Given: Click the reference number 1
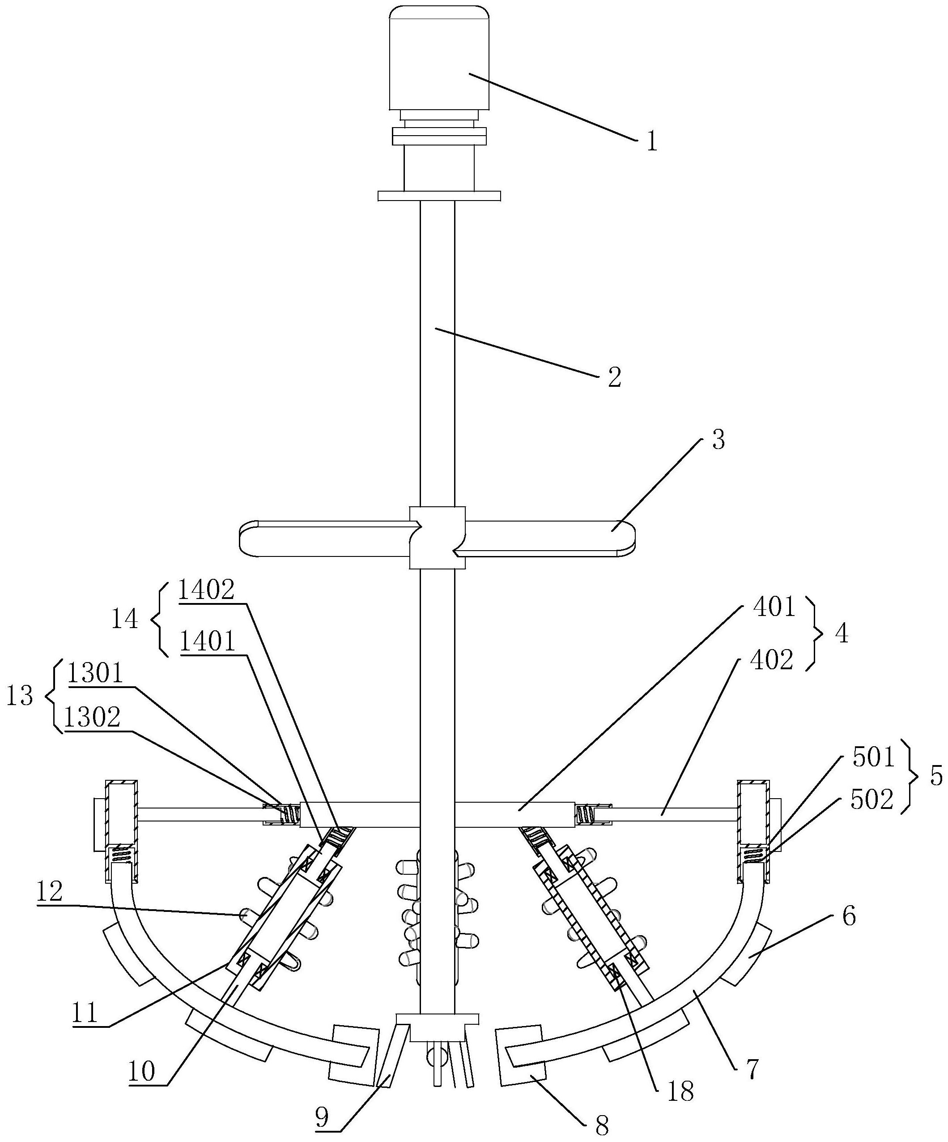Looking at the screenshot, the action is [x=652, y=142].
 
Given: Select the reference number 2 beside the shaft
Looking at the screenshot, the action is [x=615, y=377].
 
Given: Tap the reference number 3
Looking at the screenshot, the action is [x=718, y=440].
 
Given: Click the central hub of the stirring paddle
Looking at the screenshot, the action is [x=438, y=538].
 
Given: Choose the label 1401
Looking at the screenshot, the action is [x=207, y=642].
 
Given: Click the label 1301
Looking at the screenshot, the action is [x=95, y=674].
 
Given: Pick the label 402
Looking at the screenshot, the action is [x=771, y=660].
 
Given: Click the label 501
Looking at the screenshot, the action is [x=873, y=757].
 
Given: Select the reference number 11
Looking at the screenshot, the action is [x=85, y=1013].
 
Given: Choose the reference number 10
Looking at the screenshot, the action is [x=142, y=1071].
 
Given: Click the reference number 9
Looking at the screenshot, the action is [x=323, y=1117].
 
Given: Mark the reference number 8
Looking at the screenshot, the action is [x=602, y=1124].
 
